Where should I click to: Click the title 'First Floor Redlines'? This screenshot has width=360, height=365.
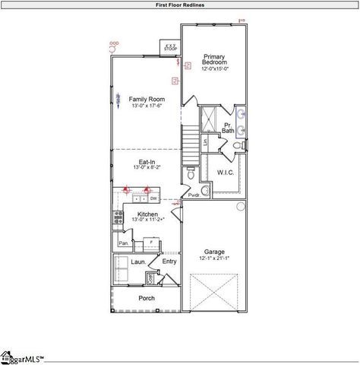coord(179,5)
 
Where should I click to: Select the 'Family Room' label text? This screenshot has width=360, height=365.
coord(146,100)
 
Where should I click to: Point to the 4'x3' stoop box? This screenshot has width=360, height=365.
coord(171,47)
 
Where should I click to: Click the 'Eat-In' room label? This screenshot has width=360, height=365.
coord(146,161)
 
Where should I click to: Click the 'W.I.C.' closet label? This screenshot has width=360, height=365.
coord(226,172)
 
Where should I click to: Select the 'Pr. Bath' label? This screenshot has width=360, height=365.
coord(228,128)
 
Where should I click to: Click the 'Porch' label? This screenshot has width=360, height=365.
coord(146,298)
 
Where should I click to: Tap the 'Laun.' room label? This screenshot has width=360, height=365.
coord(138,262)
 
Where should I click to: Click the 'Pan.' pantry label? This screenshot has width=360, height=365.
coord(123,243)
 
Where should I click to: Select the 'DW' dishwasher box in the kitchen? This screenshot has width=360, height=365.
coord(153,198)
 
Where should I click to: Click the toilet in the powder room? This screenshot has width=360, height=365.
coord(191,174)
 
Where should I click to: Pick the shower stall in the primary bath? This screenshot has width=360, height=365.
coord(207,118)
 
